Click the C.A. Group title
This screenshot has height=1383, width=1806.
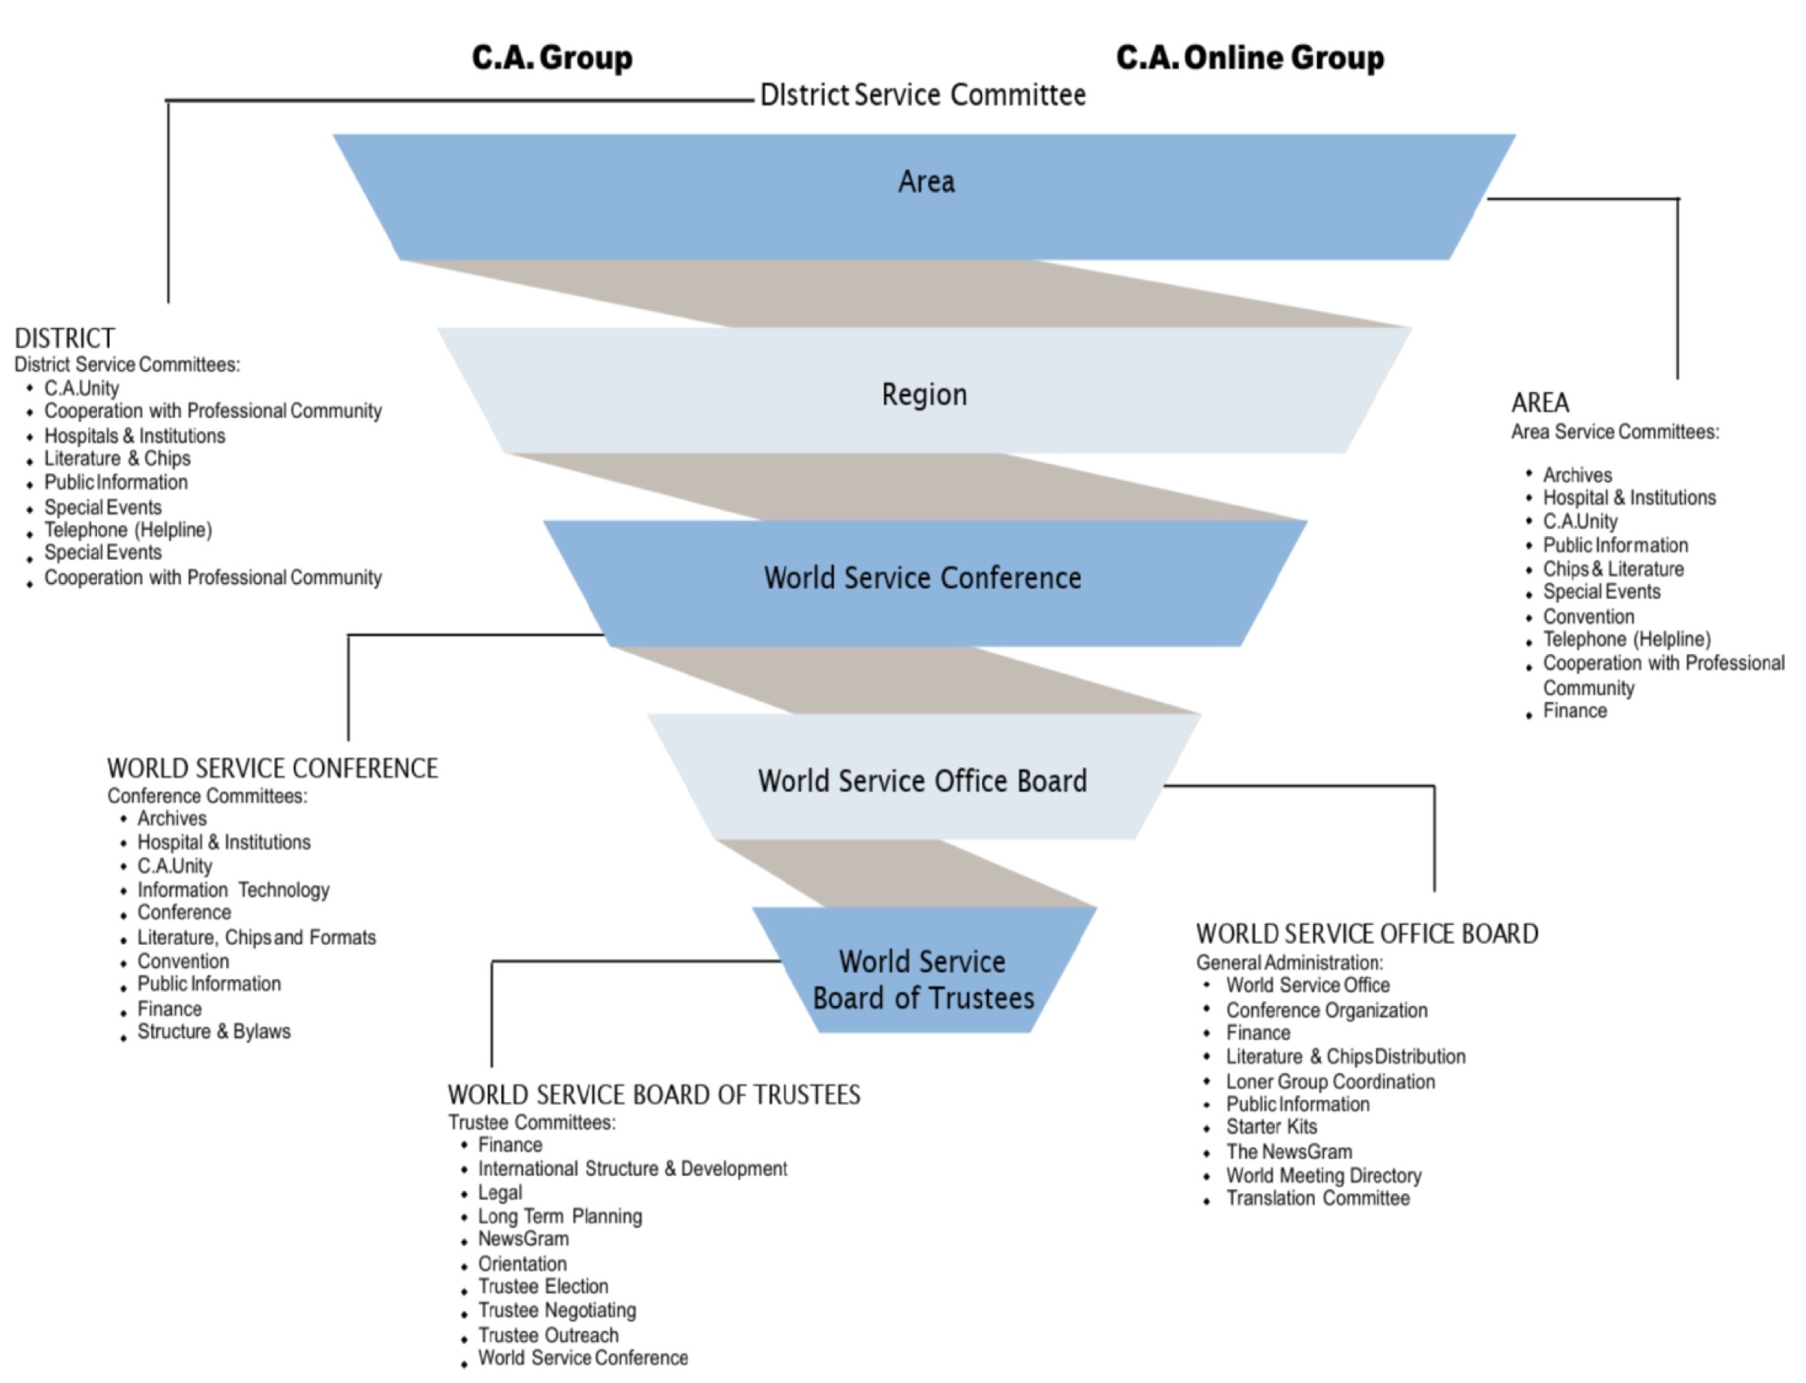(552, 57)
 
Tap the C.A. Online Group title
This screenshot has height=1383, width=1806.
(1249, 57)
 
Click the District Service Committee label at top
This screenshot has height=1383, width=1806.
(922, 94)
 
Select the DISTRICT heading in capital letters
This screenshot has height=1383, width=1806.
(65, 338)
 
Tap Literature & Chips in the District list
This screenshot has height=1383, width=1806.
(117, 459)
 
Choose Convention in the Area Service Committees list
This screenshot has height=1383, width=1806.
(1588, 616)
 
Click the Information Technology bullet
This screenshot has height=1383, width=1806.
(233, 890)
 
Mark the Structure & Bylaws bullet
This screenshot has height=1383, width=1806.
(213, 1031)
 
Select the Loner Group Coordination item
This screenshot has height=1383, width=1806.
(1330, 1082)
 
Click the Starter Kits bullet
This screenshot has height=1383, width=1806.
(1270, 1127)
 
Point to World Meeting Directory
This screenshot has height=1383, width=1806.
(1323, 1175)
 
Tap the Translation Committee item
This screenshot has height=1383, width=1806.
(1318, 1199)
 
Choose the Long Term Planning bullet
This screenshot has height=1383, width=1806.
(560, 1217)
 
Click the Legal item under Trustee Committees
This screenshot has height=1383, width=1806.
(500, 1193)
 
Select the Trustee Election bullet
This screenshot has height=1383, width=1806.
(543, 1287)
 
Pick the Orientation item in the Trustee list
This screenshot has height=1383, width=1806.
(522, 1263)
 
